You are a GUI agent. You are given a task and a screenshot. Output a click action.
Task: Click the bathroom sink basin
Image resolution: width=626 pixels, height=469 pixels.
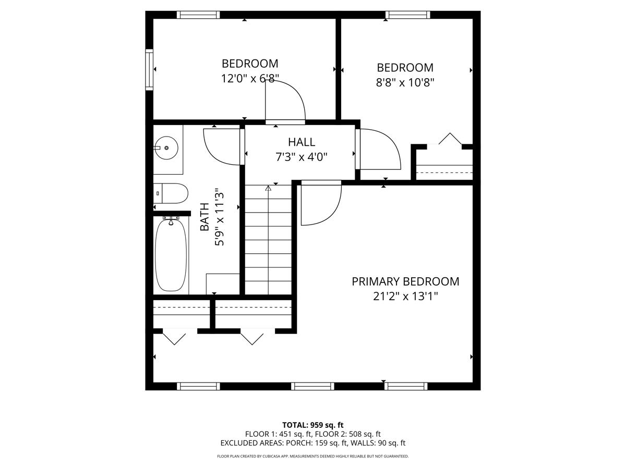(166, 148)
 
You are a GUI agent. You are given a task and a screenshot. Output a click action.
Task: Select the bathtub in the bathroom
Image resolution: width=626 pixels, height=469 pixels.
(171, 255)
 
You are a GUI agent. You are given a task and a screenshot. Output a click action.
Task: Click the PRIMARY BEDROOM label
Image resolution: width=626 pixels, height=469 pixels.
(405, 281)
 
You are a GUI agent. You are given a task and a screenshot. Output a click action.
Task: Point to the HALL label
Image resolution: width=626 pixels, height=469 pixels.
(302, 142)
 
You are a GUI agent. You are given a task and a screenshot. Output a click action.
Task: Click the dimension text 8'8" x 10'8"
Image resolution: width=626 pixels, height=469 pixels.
(405, 82)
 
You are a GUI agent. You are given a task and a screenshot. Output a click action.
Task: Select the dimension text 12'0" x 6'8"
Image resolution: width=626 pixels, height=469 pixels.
(250, 78)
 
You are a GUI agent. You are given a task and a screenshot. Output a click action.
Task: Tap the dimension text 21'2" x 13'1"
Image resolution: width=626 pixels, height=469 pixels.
(405, 297)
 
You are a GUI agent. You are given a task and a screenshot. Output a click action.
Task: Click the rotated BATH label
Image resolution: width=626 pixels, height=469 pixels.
(205, 217)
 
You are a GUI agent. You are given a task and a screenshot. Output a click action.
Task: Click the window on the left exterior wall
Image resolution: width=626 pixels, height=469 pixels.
(149, 69)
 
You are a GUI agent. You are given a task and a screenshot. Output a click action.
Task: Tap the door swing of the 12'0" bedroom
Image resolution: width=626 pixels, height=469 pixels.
(286, 102)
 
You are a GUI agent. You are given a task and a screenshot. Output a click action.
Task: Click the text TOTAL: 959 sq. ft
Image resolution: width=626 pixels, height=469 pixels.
(312, 425)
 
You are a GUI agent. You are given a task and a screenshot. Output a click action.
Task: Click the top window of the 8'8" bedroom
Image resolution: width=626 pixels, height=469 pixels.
(408, 15)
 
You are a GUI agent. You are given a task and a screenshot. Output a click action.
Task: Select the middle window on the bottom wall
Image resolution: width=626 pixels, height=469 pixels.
(312, 386)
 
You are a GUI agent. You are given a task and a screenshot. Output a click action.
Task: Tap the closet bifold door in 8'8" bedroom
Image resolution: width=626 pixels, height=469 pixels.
(450, 140)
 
